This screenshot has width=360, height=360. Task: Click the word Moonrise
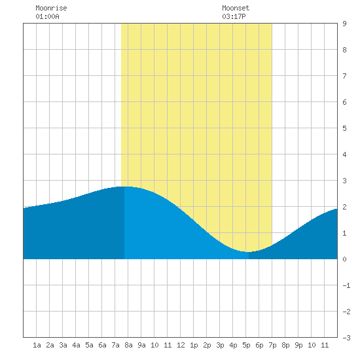51,8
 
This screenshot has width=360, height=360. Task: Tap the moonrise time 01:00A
47,16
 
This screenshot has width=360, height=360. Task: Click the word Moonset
236,8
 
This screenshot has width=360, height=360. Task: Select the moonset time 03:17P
234,16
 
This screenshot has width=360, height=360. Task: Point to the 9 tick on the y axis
344,24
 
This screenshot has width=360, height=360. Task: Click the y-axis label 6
344,102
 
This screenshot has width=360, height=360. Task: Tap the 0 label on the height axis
344,259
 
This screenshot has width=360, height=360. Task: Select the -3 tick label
346,338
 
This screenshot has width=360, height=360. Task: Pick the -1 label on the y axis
346,285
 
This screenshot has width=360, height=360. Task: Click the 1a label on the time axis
37,345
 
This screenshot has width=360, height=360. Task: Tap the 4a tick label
76,345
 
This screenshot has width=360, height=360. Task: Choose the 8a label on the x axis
128,345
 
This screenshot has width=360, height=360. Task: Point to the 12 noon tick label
181,345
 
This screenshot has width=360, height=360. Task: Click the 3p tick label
220,345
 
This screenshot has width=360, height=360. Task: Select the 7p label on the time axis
272,345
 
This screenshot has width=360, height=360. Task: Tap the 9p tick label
298,345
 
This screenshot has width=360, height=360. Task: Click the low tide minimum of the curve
249,252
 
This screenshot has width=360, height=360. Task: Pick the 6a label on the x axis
102,345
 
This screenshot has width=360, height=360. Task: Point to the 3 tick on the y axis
344,181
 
